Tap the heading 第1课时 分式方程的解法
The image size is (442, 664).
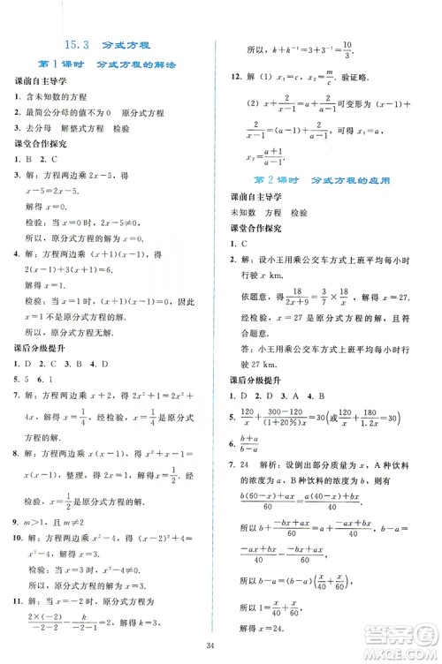pyautogui.click(x=105, y=64)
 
